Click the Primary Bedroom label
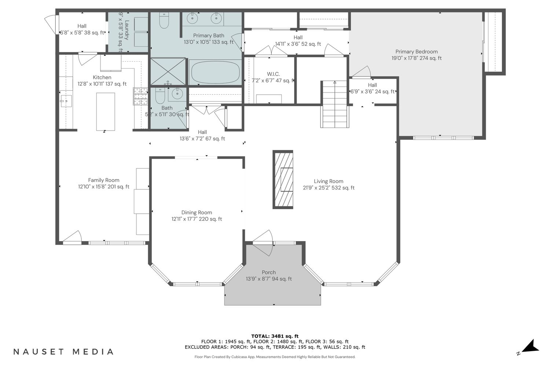(x=417, y=52)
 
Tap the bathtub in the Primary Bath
(x=215, y=73)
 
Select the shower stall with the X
(x=168, y=72)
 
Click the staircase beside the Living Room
(x=335, y=104)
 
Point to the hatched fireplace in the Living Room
(x=283, y=179)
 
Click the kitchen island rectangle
(x=106, y=112)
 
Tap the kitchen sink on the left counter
(x=66, y=101)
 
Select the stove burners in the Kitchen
(x=141, y=96)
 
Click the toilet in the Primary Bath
(x=164, y=20)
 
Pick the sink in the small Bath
(x=177, y=94)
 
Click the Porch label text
(x=269, y=272)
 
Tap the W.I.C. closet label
(x=273, y=74)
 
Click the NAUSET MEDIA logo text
(x=63, y=352)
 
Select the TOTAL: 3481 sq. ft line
(x=275, y=336)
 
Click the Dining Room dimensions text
(x=197, y=219)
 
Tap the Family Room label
(x=104, y=180)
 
